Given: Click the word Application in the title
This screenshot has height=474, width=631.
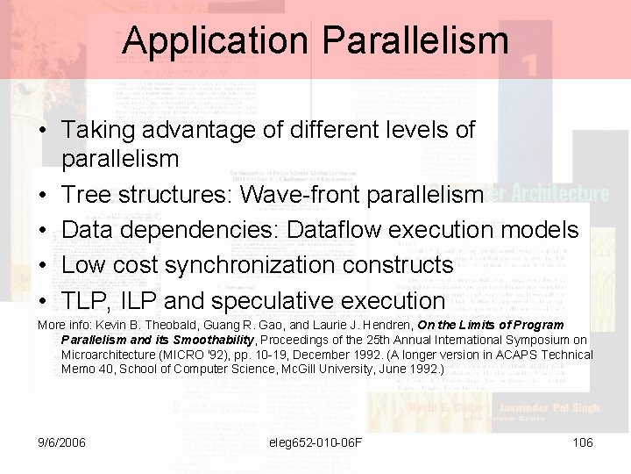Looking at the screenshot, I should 214,41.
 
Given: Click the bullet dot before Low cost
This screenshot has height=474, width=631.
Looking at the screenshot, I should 42,265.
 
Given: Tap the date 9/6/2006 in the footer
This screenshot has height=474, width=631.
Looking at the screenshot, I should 62,442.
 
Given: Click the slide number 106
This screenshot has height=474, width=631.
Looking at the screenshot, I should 583,442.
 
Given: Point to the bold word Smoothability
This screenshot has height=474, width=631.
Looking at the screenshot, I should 213,340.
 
